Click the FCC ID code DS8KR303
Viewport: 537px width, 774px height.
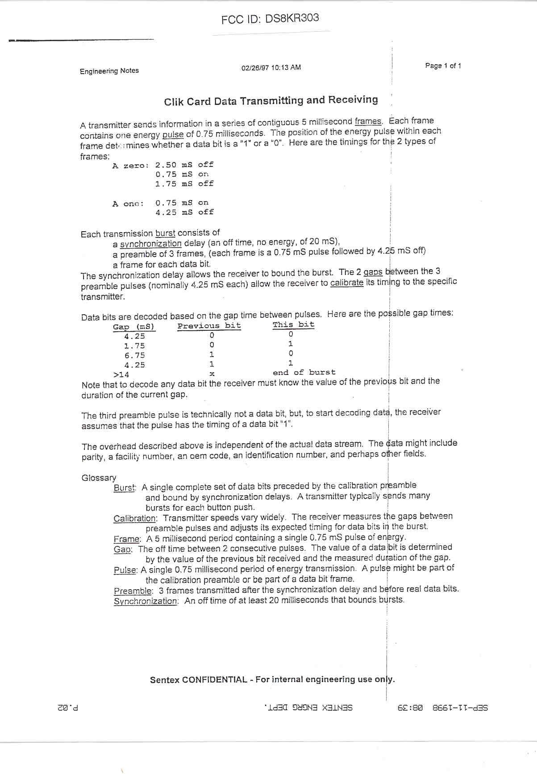click(x=292, y=18)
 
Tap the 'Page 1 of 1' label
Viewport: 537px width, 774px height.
click(x=443, y=66)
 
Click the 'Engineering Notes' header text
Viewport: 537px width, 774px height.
click(x=109, y=71)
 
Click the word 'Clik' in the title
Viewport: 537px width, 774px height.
click(x=174, y=102)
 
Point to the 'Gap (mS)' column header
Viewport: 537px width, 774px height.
click(x=133, y=327)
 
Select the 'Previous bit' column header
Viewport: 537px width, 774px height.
click(x=209, y=326)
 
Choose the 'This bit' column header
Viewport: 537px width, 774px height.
click(x=293, y=325)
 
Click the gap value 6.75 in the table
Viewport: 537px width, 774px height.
click(x=134, y=355)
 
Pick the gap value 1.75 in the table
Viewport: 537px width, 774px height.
click(x=134, y=346)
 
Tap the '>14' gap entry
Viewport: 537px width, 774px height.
click(x=121, y=375)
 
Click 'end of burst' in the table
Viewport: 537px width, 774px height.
click(x=304, y=372)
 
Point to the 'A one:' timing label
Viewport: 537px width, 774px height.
click(x=128, y=204)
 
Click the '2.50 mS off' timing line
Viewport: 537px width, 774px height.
click(x=184, y=165)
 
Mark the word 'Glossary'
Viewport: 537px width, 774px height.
click(x=99, y=478)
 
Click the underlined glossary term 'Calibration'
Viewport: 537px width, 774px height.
click(x=134, y=519)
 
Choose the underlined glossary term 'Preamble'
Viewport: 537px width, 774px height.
click(x=133, y=591)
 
